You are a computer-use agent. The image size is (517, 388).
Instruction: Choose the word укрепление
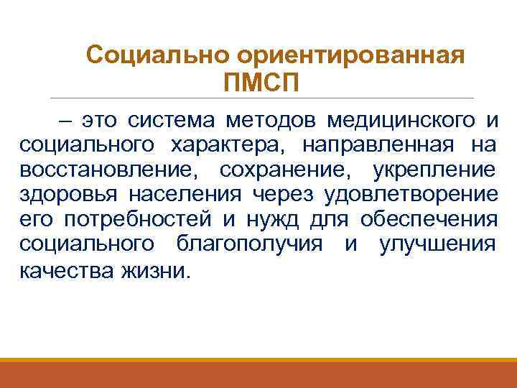(x=434, y=170)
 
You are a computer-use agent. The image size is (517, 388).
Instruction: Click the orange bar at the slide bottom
(x=258, y=373)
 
